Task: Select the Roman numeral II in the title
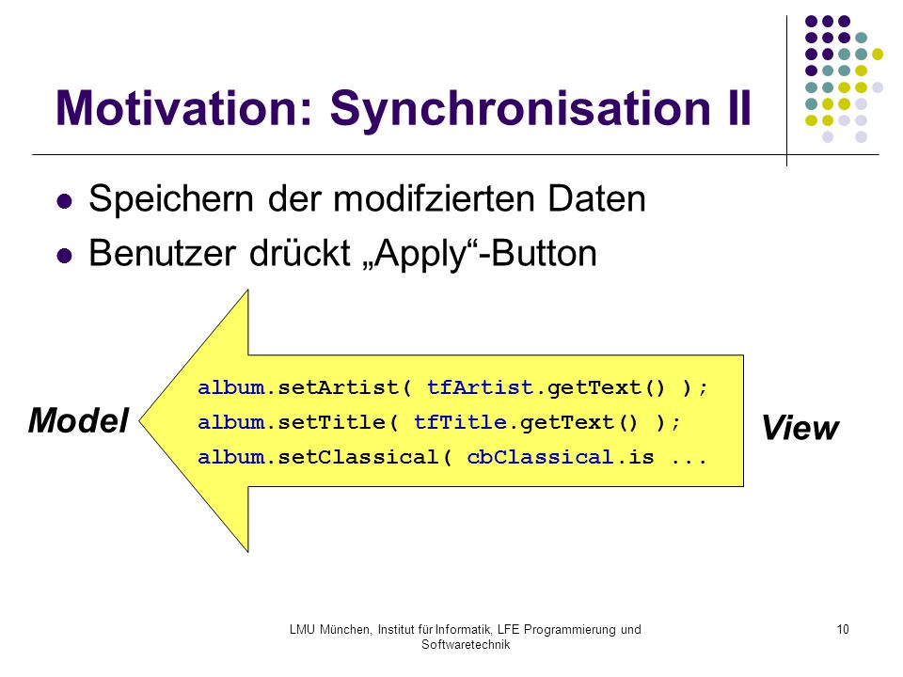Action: coord(739,107)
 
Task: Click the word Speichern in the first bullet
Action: coord(171,199)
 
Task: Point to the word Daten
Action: coord(596,199)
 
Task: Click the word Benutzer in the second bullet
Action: coord(163,253)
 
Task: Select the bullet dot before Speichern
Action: coord(65,201)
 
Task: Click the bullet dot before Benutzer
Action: coord(65,256)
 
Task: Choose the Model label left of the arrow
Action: coord(79,420)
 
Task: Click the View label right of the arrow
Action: coord(800,428)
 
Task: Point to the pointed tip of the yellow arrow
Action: coord(140,421)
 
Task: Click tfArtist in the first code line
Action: coord(481,387)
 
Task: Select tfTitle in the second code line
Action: coord(460,422)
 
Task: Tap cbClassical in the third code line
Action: coord(540,457)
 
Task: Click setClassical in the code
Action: coord(358,457)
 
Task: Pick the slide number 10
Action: coord(843,630)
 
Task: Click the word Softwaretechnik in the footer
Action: coord(466,645)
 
